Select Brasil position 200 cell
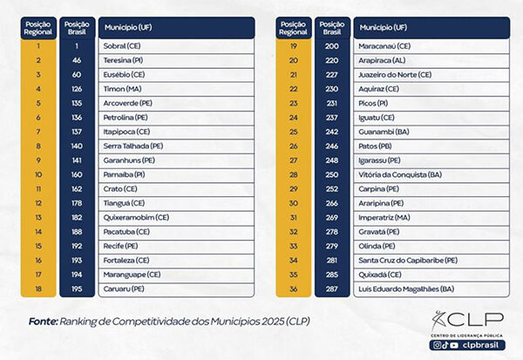click(x=331, y=45)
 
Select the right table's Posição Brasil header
click(x=331, y=27)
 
